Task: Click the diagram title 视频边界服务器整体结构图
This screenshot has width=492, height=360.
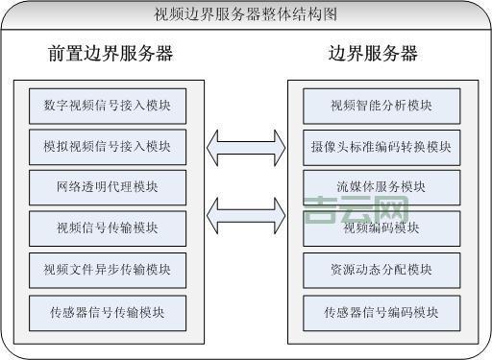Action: (x=246, y=13)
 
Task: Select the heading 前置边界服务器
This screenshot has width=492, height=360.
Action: (x=111, y=54)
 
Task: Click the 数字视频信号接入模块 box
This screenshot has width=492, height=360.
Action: (x=107, y=104)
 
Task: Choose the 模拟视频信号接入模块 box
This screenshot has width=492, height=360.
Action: (x=107, y=146)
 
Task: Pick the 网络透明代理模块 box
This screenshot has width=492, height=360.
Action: (x=107, y=186)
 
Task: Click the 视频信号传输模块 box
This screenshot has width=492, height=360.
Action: (x=107, y=228)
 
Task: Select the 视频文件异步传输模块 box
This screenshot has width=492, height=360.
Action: (x=107, y=269)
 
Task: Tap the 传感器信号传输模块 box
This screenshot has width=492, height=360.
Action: (x=107, y=310)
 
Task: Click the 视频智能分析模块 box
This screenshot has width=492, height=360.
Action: (x=381, y=104)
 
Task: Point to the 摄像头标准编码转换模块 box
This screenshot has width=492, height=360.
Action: (x=381, y=146)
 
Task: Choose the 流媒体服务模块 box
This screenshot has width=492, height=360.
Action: (x=381, y=186)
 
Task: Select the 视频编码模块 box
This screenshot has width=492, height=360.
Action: (x=381, y=228)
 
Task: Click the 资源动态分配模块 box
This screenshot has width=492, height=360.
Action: (x=381, y=269)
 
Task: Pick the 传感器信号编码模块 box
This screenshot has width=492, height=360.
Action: (x=381, y=310)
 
